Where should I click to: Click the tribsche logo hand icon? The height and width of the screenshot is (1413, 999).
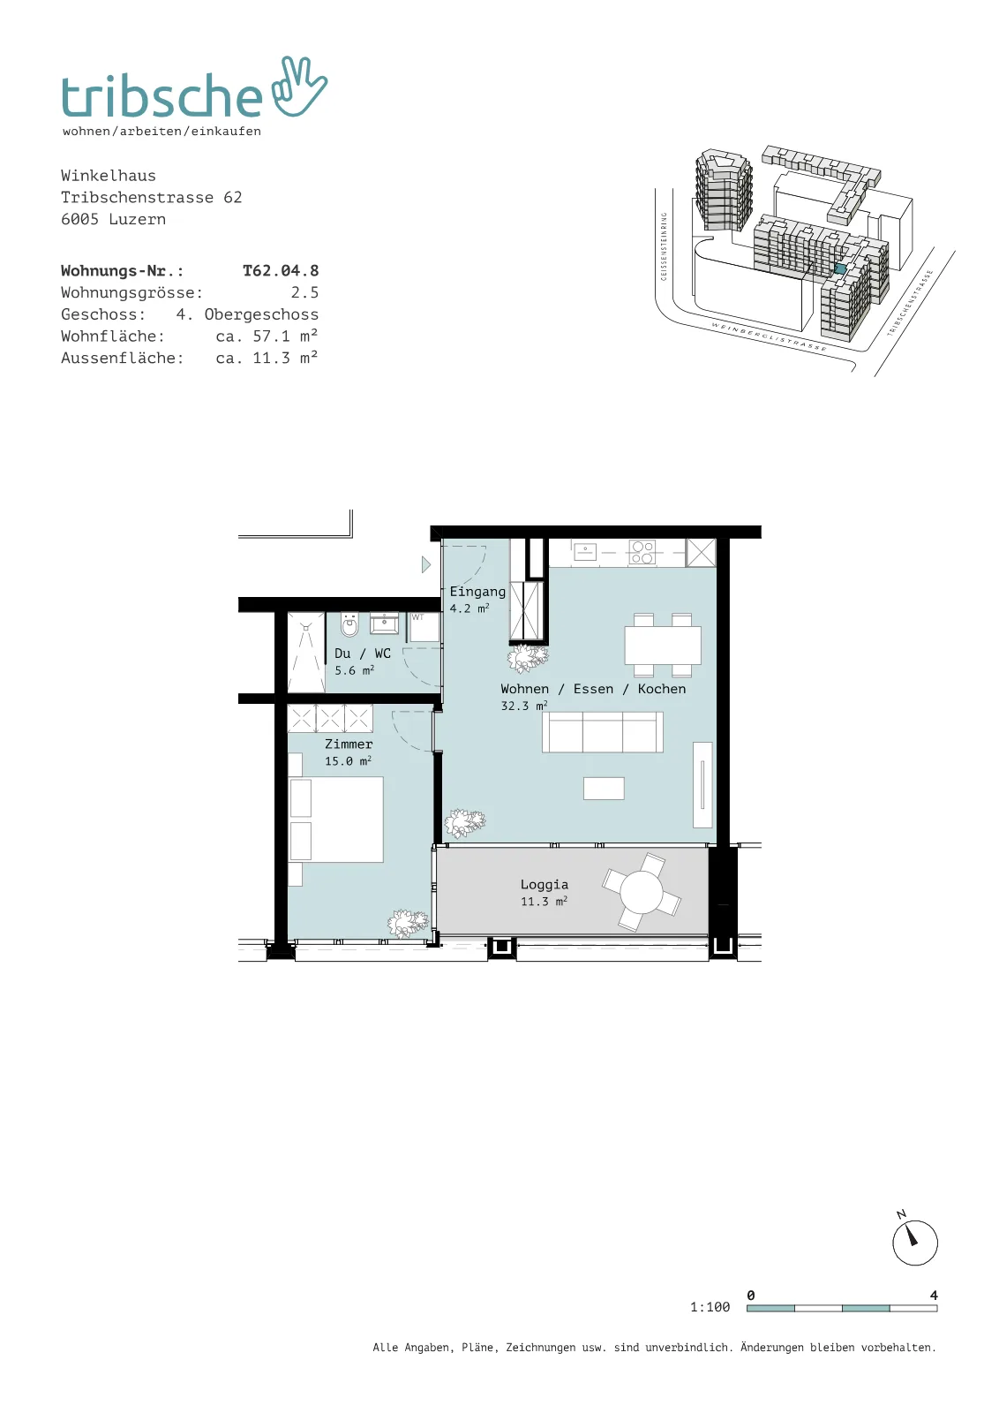299,87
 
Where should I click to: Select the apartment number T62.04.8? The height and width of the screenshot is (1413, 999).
281,270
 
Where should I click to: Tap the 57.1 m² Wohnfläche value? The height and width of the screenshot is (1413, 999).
285,336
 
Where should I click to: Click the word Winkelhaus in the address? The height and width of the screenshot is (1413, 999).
109,176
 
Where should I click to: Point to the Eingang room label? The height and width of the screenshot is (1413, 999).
477,592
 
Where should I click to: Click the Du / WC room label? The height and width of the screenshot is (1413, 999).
363,654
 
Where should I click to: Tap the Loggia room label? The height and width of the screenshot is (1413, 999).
545,884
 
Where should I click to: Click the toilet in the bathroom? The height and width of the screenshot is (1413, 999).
349,624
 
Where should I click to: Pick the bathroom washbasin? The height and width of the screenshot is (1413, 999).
384,623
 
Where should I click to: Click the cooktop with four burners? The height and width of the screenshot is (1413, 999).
642,553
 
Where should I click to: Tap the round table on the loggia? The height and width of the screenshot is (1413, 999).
642,892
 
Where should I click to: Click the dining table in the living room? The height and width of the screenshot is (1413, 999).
663,645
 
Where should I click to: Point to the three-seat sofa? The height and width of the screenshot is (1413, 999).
603,732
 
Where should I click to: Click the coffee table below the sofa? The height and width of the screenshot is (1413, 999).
604,789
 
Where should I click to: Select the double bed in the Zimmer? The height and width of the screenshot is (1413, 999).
336,820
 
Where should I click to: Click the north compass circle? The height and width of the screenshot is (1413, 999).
915,1243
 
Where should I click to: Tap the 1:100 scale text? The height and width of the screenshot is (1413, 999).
710,1307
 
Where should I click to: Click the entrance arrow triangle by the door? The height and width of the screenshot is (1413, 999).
426,564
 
